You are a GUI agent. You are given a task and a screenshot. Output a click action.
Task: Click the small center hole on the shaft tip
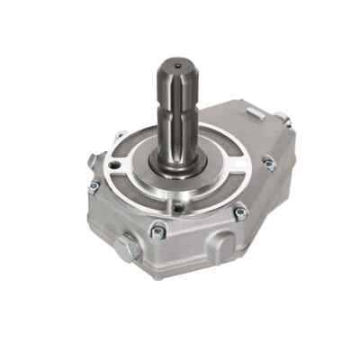[177, 65]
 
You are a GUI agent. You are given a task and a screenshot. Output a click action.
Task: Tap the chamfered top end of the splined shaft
[177, 68]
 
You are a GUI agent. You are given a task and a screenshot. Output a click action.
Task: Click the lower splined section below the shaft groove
[178, 135]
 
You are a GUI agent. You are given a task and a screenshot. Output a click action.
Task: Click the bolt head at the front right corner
[239, 213]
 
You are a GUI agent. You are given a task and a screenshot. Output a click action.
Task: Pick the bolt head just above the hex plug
[158, 232]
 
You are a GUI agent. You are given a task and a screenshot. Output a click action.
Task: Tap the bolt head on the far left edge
[94, 187]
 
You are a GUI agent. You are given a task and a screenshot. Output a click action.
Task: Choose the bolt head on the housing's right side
[268, 163]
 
